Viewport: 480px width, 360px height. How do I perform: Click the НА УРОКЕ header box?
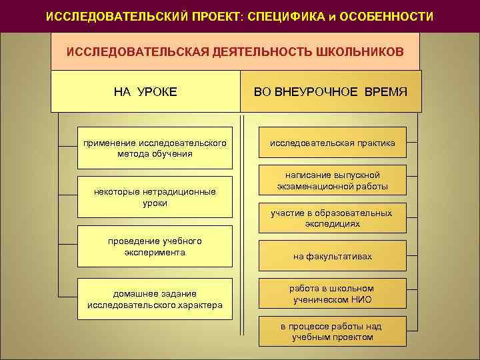click(146, 91)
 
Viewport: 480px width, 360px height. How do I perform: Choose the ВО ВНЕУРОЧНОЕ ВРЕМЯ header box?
click(331, 91)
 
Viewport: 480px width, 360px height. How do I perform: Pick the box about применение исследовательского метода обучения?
click(155, 148)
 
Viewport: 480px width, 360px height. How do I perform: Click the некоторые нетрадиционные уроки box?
click(155, 197)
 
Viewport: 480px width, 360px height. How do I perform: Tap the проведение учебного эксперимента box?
click(155, 246)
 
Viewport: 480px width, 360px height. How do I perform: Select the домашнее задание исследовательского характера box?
click(155, 299)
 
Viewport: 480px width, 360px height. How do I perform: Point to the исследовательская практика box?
click(332, 143)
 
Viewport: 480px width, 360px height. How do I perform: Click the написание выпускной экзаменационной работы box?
click(332, 181)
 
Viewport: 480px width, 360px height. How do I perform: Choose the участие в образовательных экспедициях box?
click(332, 218)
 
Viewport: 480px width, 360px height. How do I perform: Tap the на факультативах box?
click(332, 256)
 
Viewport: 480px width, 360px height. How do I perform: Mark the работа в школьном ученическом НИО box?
click(332, 294)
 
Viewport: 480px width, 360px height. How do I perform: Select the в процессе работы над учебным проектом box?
click(332, 331)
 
